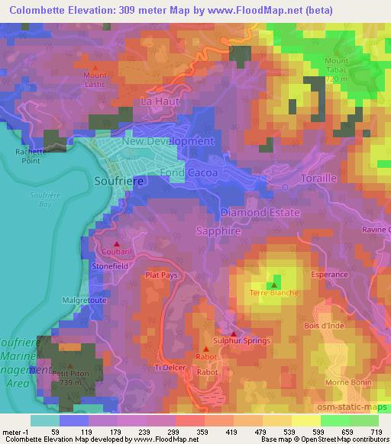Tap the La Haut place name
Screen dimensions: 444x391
click(x=159, y=101)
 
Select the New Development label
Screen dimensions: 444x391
click(x=167, y=141)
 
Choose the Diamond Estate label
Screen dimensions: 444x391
click(x=260, y=212)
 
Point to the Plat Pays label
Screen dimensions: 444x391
click(x=161, y=276)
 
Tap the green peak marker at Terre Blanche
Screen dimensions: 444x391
click(x=275, y=280)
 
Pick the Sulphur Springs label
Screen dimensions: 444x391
click(x=241, y=340)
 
